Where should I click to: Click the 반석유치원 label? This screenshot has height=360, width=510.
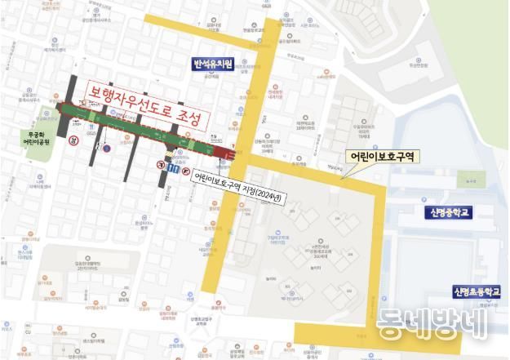(x=212, y=64)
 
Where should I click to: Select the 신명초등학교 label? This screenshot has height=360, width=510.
(x=477, y=291)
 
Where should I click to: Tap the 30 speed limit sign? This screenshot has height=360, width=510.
(x=73, y=141)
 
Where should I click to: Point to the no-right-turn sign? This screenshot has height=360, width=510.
(x=187, y=171)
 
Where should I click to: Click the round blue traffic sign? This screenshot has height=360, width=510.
(x=105, y=148)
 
